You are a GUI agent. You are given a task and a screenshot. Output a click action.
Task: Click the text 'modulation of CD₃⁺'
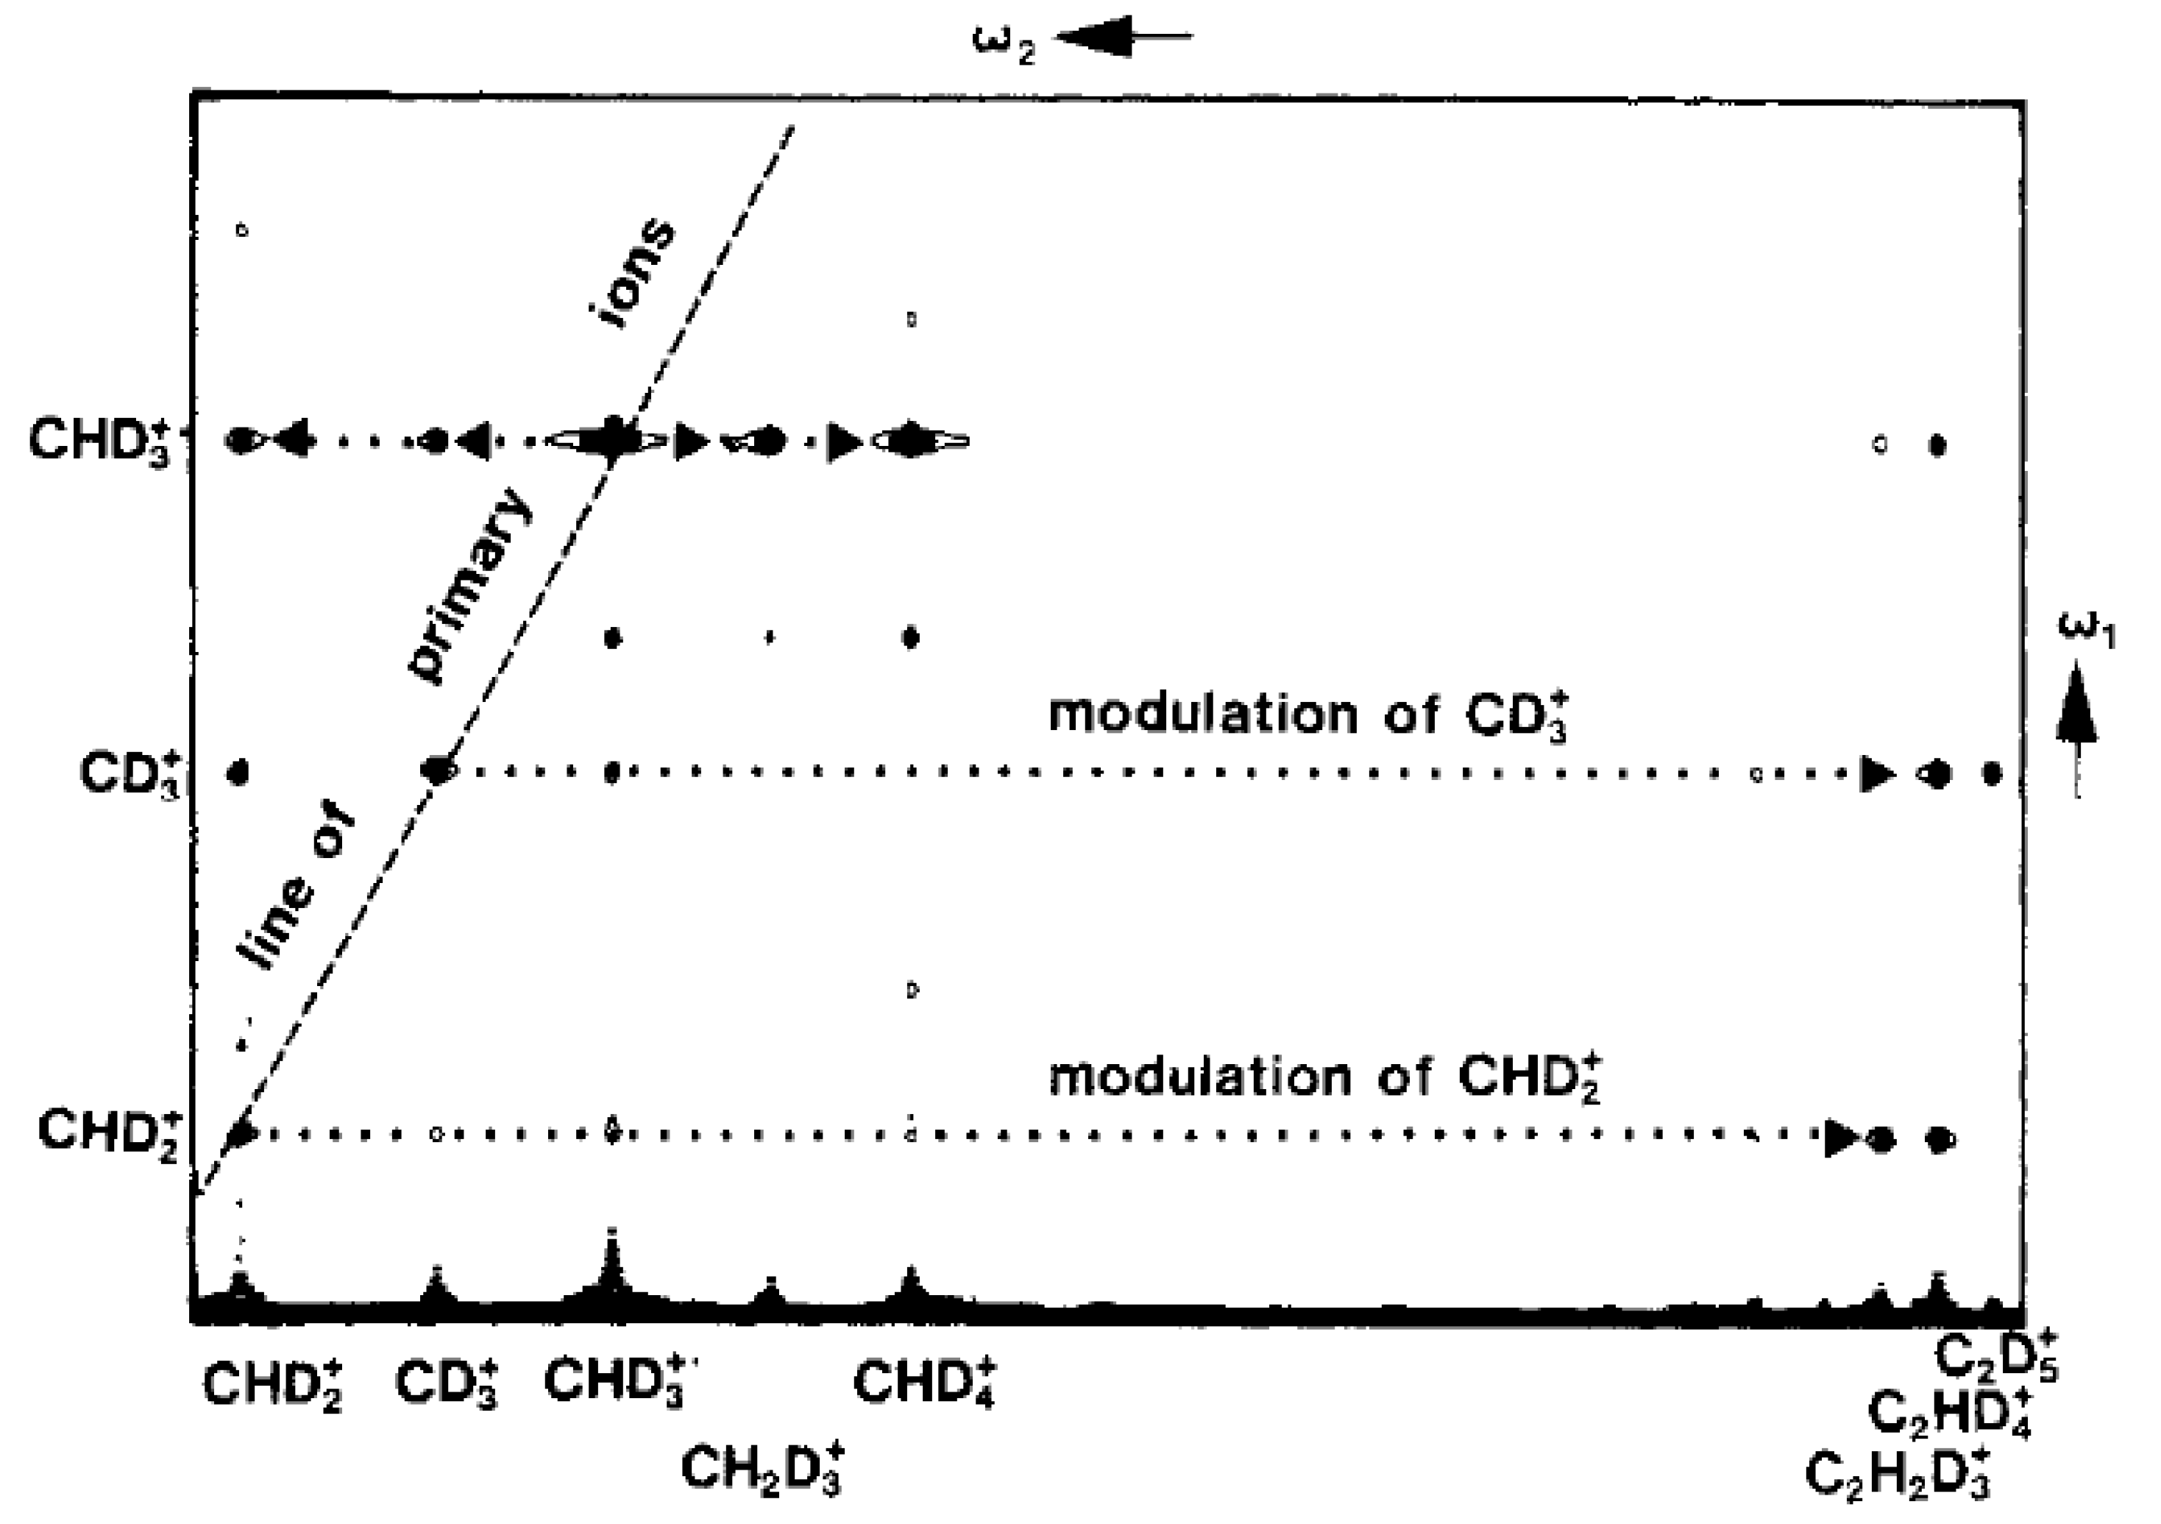pyautogui.click(x=1308, y=715)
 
